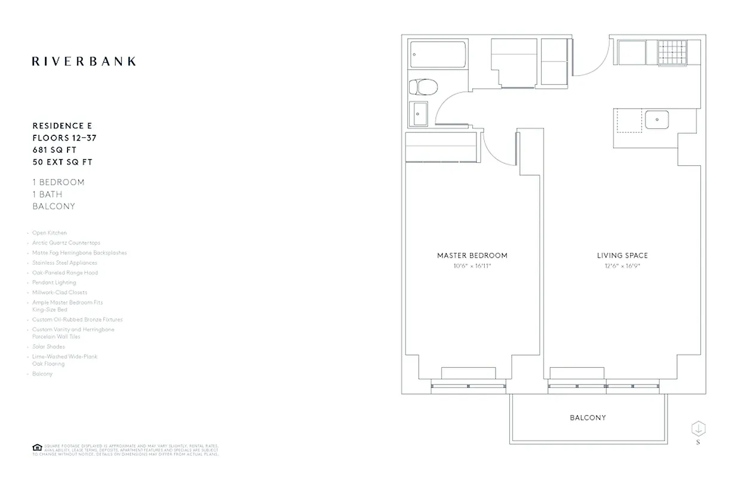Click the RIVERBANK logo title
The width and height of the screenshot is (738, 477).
(84, 61)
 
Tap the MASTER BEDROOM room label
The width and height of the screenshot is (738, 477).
(472, 255)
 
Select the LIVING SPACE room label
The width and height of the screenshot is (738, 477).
(622, 255)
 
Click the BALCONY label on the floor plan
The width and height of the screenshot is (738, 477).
(588, 417)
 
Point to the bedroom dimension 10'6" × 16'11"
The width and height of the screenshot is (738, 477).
(472, 266)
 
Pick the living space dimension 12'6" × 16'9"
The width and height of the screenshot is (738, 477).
(622, 266)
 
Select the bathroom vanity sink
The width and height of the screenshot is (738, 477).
(419, 113)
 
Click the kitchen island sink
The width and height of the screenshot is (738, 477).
(656, 119)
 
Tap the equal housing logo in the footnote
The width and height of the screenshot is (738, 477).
(37, 448)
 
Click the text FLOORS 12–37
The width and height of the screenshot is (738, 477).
(64, 138)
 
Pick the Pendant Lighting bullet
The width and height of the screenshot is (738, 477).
(54, 283)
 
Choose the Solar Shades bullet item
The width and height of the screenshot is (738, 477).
(48, 346)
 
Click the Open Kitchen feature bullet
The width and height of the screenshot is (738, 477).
(50, 233)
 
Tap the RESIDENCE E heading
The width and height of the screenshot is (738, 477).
(62, 126)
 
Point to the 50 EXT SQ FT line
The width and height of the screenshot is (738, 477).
(63, 162)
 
